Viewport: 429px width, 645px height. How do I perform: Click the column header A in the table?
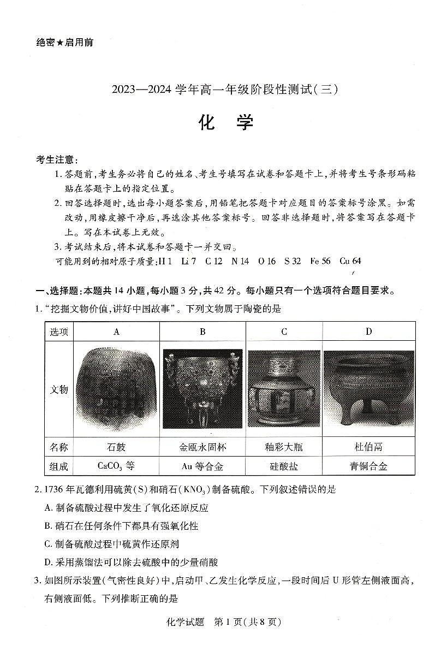click(116, 332)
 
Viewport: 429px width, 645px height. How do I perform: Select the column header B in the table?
click(202, 332)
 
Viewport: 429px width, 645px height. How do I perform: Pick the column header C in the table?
click(284, 332)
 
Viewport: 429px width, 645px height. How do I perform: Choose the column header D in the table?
click(368, 332)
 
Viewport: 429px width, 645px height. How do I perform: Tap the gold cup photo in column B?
click(202, 389)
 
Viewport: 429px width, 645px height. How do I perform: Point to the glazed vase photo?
click(284, 389)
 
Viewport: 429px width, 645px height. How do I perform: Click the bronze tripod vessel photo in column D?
click(368, 389)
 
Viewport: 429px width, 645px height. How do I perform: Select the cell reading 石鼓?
click(116, 447)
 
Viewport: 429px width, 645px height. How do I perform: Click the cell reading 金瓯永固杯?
click(202, 447)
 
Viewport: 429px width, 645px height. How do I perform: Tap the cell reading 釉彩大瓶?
click(284, 447)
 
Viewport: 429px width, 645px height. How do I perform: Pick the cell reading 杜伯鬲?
click(368, 447)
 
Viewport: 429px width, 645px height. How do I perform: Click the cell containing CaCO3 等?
click(116, 466)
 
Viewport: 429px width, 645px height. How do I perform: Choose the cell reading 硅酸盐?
click(284, 466)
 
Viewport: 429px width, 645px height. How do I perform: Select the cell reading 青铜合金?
click(368, 466)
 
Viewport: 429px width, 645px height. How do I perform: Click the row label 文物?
click(59, 389)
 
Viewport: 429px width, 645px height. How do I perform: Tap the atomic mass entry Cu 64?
click(350, 261)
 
